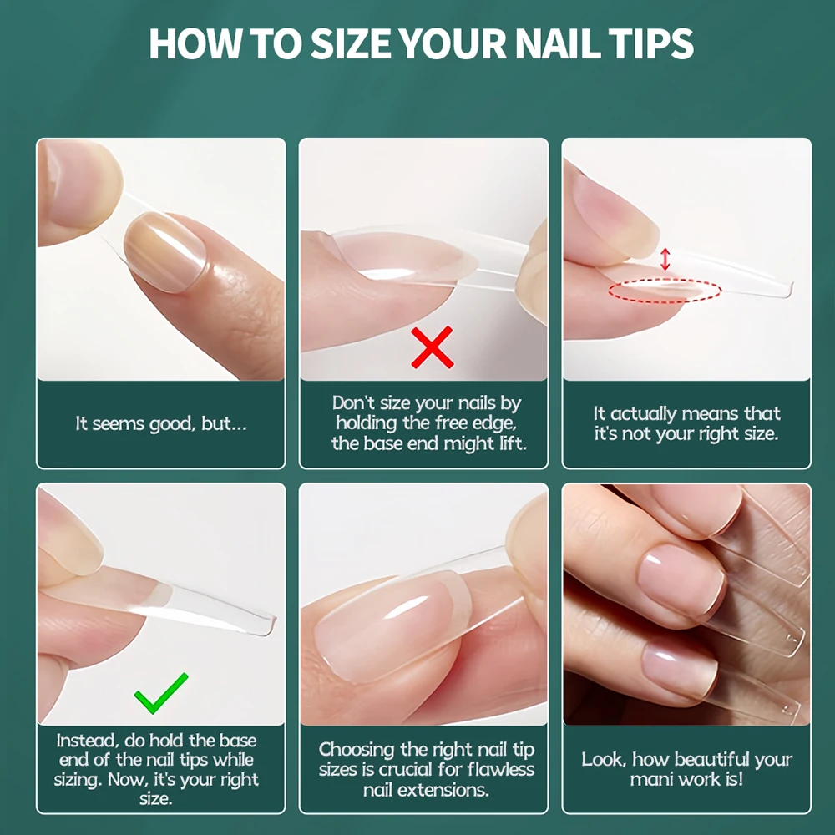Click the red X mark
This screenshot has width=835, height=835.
[x=432, y=347]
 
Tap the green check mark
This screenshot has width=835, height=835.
[x=160, y=691]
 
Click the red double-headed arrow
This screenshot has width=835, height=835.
[x=665, y=258]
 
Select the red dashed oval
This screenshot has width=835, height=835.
[x=665, y=291]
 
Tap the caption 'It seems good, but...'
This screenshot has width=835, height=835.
[x=160, y=423]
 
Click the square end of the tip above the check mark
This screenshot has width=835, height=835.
[x=263, y=622]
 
